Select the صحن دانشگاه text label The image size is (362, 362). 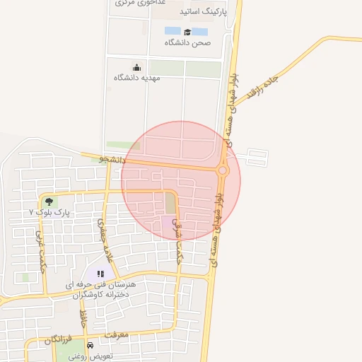click(188, 43)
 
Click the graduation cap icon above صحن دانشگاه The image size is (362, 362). click(187, 32)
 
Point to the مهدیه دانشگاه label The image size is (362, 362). click(137, 77)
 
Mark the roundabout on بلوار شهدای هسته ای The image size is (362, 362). click(223, 170)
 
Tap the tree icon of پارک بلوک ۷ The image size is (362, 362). click(48, 202)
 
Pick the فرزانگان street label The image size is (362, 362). click(58, 341)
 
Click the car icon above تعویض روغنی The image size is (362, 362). click(90, 345)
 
